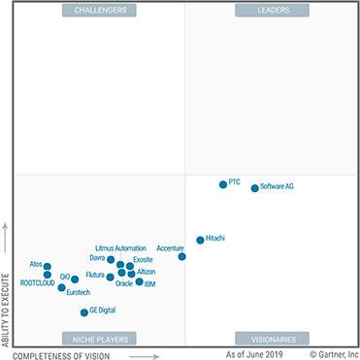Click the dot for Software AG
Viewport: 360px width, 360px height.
pos(255,188)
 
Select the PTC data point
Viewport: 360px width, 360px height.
pos(223,183)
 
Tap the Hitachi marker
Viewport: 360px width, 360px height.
pos(200,240)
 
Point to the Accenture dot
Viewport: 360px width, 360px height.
pos(182,256)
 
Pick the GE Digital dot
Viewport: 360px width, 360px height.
pos(84,312)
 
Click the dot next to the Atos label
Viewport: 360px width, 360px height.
pos(48,266)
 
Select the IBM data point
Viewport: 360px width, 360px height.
pos(139,282)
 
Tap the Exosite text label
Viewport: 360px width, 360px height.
pos(143,260)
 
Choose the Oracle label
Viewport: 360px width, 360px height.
pos(123,284)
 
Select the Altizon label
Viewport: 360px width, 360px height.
pos(146,272)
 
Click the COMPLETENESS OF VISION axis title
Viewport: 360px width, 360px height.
pos(69,354)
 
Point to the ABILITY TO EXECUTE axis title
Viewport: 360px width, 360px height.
pos(6,301)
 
